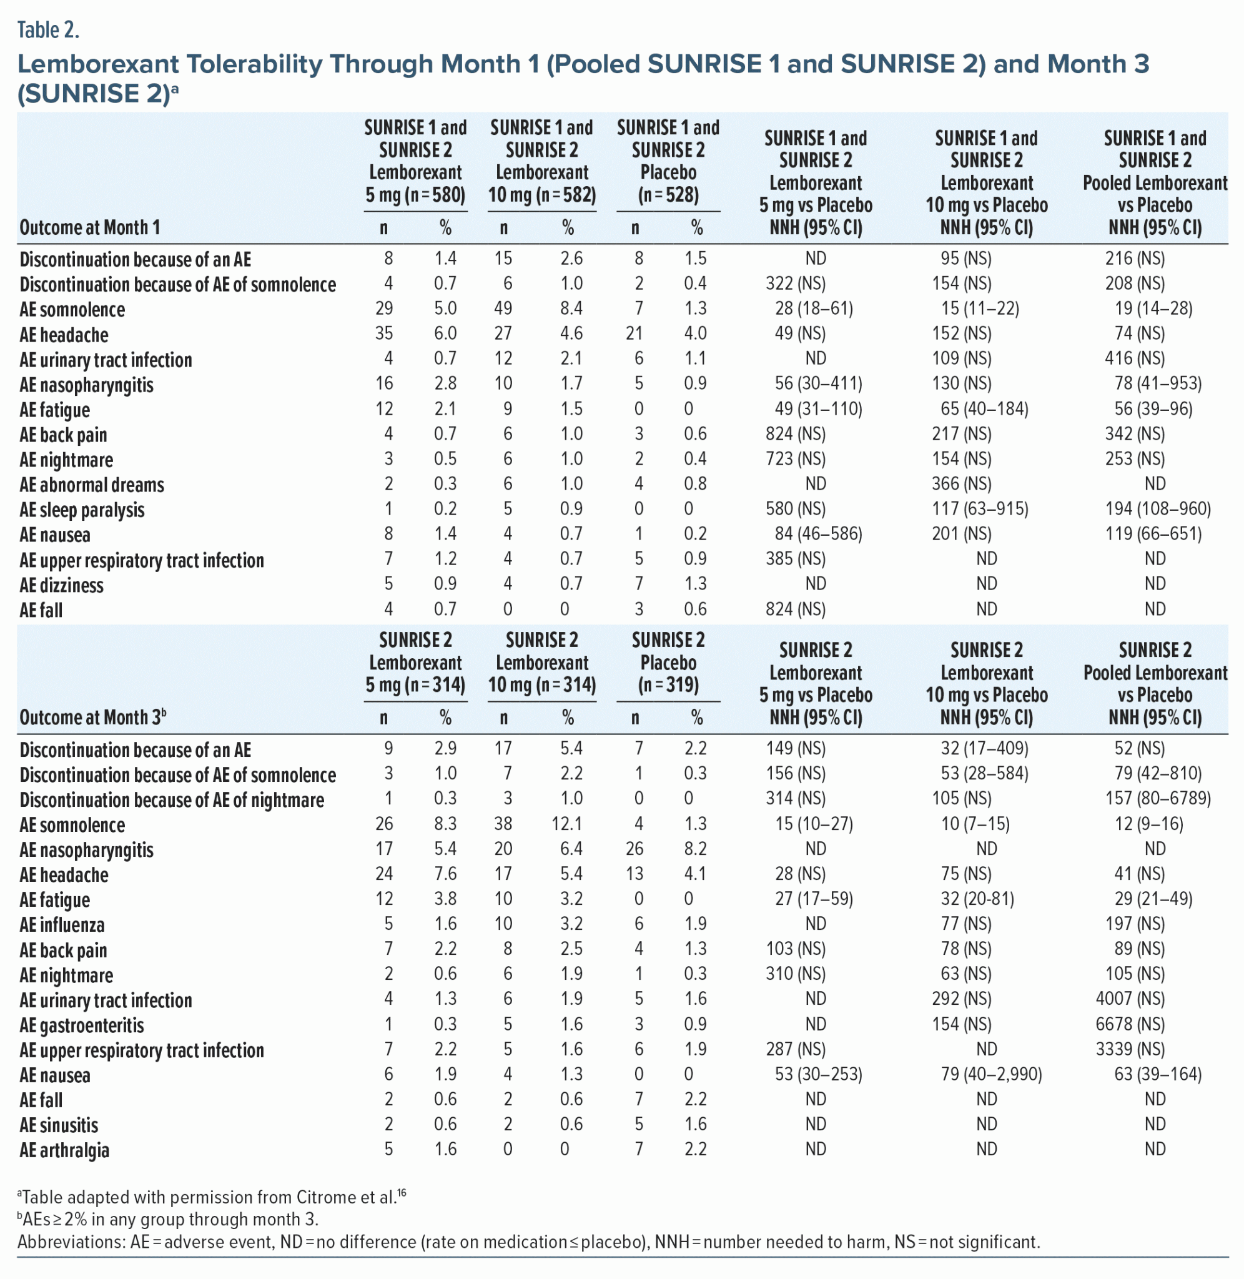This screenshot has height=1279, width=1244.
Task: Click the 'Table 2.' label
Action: (x=47, y=30)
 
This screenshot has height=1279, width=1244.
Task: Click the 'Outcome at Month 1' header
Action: (x=89, y=227)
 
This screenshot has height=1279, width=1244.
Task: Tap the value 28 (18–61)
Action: (x=814, y=309)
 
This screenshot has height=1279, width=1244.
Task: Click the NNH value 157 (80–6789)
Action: (x=1154, y=798)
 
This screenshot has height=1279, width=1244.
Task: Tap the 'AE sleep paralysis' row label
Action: (x=82, y=510)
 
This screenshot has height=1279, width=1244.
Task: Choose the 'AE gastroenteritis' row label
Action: (x=82, y=1025)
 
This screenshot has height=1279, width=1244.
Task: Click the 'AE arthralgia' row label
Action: (x=64, y=1150)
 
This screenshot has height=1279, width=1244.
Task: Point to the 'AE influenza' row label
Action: (x=61, y=925)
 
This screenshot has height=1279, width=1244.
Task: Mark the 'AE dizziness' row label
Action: (x=61, y=585)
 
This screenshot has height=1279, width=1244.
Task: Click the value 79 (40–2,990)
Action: (x=990, y=1075)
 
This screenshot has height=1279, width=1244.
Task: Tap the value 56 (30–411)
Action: (x=818, y=383)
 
